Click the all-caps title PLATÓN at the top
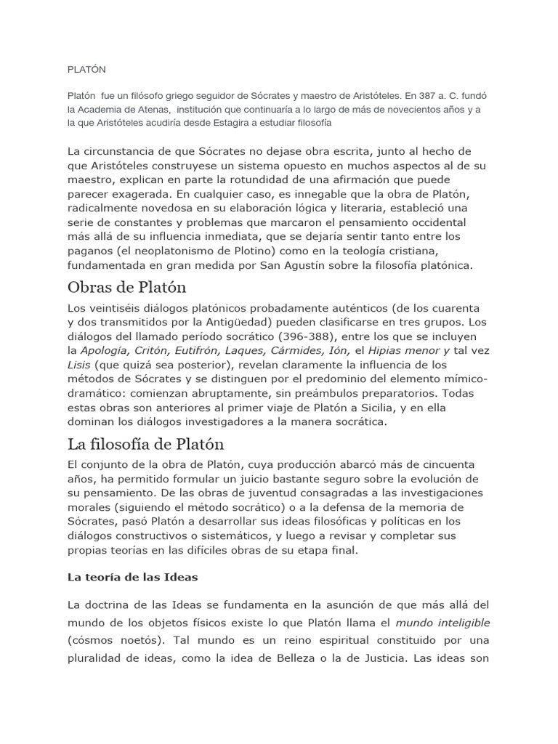(x=86, y=70)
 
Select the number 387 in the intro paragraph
(x=416, y=95)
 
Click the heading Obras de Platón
(x=127, y=287)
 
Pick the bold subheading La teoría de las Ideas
(x=132, y=577)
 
